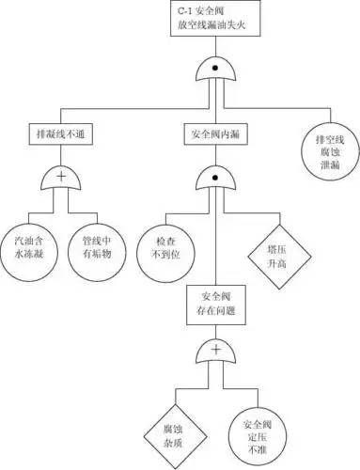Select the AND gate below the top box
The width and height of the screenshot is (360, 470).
(214, 71)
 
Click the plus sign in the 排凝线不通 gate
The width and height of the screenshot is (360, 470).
(61, 175)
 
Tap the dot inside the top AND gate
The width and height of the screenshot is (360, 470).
(214, 69)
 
